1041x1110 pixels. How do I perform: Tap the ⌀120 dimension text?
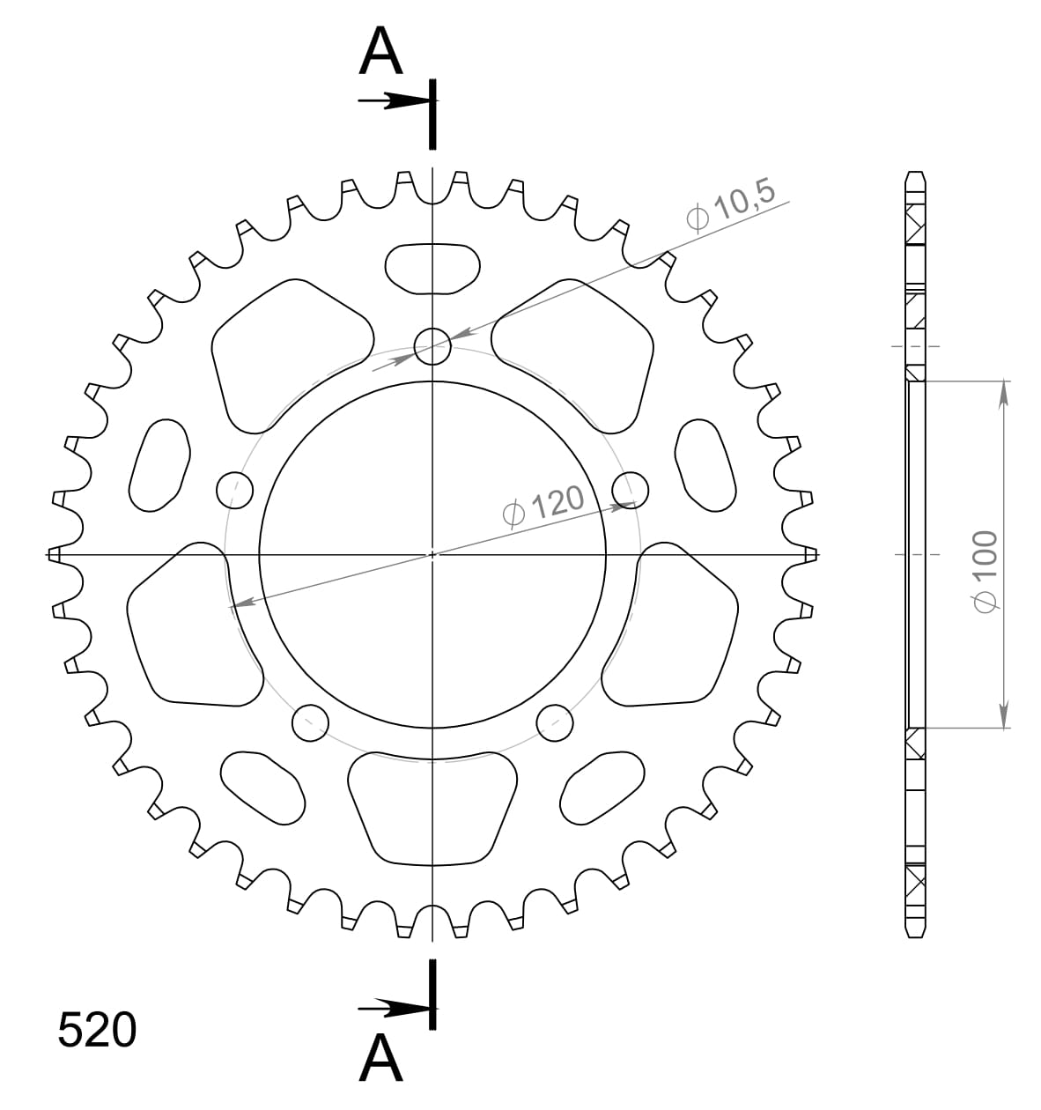coord(543,505)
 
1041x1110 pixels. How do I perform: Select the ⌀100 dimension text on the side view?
coord(985,571)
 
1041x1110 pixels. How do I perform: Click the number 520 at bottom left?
coord(97,1030)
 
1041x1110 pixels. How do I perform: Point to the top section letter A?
coord(381,51)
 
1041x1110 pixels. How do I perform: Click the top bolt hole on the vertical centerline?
coord(432,345)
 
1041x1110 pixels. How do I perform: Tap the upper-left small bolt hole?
coord(234,489)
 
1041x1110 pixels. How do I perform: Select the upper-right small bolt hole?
coord(631,489)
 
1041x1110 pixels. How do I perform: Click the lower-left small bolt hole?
coord(310,722)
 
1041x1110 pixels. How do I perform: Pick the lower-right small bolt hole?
coord(555,722)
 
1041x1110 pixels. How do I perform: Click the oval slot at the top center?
coord(432,267)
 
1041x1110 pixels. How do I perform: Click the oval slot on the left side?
coord(160,465)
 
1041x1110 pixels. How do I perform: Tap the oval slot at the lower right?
coord(604,788)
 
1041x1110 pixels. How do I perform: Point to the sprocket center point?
coord(432,555)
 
